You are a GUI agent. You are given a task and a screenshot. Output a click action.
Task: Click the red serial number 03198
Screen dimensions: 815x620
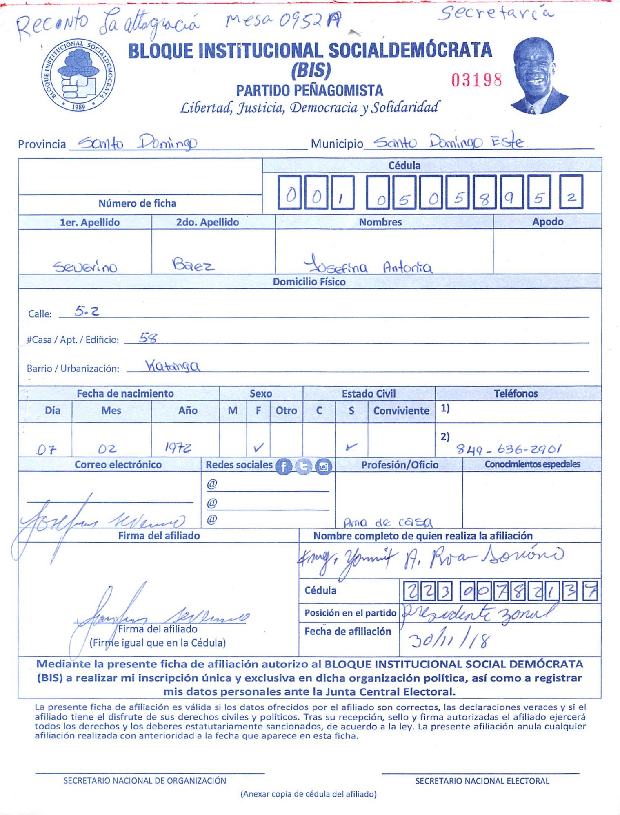click(476, 80)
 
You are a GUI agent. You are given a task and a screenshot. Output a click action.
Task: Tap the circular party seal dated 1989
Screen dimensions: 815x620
click(78, 76)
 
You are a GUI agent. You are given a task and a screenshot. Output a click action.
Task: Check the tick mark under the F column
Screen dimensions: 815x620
click(258, 448)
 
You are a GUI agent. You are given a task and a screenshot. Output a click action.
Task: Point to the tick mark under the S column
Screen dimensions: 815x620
click(351, 447)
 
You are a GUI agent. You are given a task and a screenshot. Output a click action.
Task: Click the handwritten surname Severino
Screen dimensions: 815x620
click(85, 267)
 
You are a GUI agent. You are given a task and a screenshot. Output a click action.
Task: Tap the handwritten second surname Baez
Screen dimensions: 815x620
click(193, 265)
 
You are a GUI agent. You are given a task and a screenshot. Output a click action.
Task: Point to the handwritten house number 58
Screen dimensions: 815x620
click(148, 337)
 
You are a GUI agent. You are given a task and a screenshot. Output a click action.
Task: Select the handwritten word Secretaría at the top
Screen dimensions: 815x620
click(496, 14)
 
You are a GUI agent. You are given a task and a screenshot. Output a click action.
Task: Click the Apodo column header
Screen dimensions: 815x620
click(547, 222)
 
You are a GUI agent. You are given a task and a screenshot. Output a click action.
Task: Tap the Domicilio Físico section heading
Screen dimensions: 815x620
click(309, 282)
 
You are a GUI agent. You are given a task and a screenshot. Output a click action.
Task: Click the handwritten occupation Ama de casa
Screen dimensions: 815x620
click(388, 522)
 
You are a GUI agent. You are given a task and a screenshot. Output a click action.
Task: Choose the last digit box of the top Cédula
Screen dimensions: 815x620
click(571, 192)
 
